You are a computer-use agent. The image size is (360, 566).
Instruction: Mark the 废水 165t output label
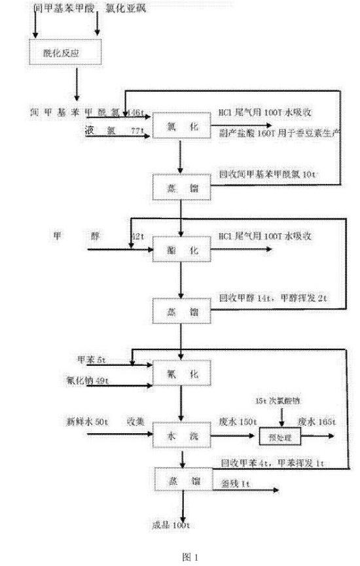tap(317, 423)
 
